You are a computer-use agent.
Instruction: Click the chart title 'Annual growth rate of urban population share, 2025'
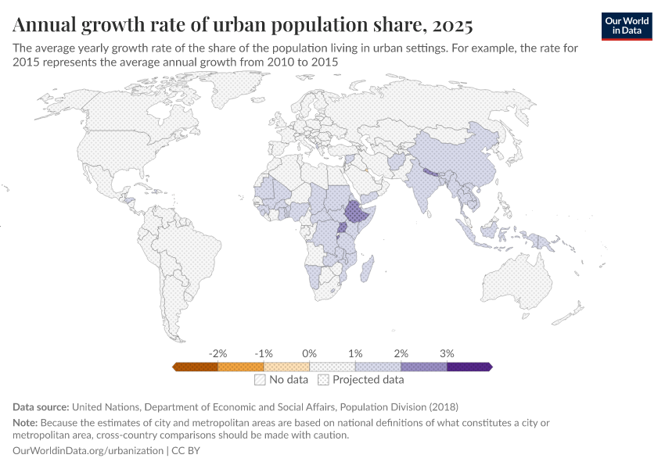pos(243,25)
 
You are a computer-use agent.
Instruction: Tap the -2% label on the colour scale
pos(217,353)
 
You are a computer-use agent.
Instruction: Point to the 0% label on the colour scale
pos(309,353)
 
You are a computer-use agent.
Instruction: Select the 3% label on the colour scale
pos(447,353)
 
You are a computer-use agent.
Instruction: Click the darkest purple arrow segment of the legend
pos(468,366)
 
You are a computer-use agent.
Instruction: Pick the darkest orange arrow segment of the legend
pos(196,366)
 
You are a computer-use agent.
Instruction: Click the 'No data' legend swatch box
pos(260,380)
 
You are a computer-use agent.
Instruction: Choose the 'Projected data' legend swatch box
pos(323,380)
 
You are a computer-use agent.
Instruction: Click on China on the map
pos(462,156)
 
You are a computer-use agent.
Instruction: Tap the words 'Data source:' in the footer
pos(41,406)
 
